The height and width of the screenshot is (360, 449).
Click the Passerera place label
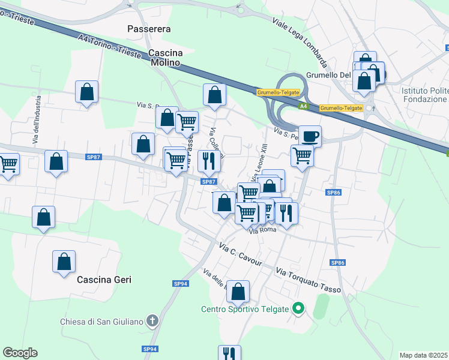[x=149, y=29]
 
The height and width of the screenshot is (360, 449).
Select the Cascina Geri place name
[x=104, y=280]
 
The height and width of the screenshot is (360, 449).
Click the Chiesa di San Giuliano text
[x=102, y=322]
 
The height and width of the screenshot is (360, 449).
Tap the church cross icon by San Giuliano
[x=152, y=322]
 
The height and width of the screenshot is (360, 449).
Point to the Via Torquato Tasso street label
[x=308, y=281]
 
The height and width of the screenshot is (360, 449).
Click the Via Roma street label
[x=261, y=231]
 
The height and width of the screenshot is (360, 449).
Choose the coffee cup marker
[x=310, y=136]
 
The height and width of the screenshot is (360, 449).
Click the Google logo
[x=20, y=353]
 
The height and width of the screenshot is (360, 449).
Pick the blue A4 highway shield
[x=304, y=106]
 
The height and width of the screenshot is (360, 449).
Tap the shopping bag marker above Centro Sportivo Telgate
[x=238, y=292]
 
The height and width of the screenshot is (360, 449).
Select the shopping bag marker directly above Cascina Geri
[x=64, y=262]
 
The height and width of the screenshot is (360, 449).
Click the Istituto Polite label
[x=424, y=91]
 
